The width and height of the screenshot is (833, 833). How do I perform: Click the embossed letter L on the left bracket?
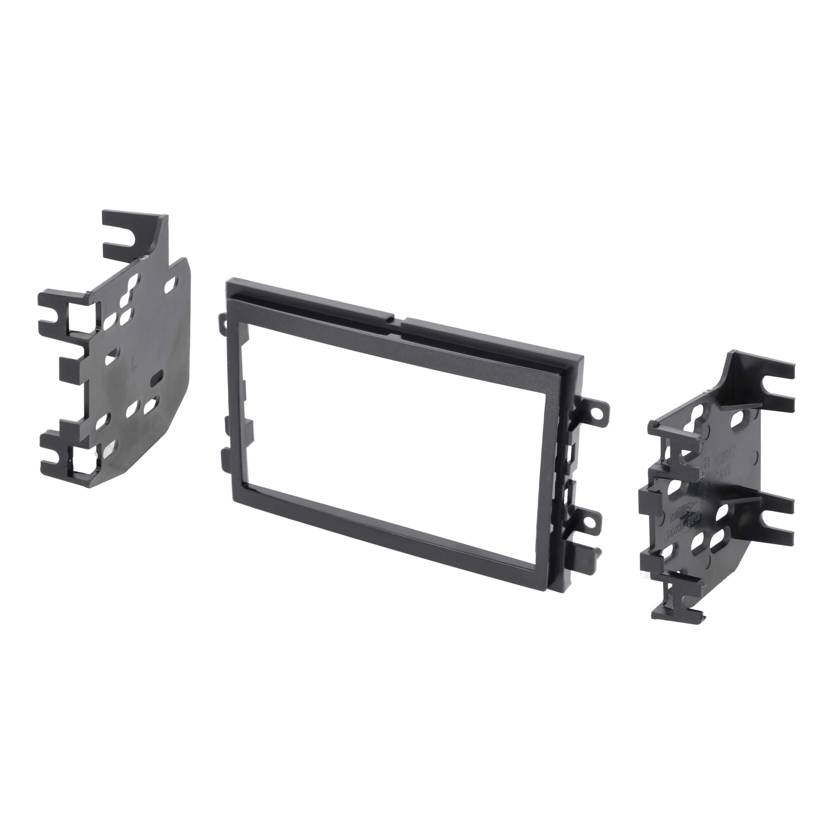[135, 358]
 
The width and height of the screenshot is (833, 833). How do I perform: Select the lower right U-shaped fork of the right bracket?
[776, 520]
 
